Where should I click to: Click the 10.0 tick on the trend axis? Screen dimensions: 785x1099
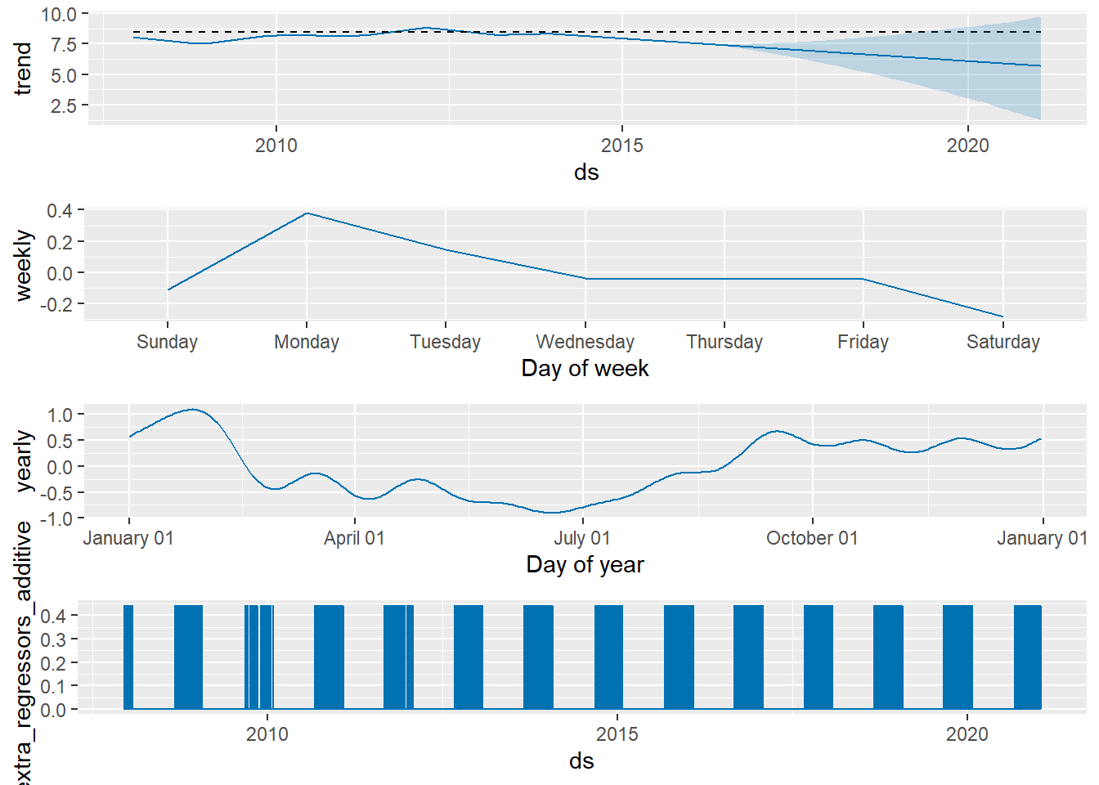point(59,15)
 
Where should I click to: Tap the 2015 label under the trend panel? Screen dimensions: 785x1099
point(621,146)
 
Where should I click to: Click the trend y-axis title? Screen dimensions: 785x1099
point(23,69)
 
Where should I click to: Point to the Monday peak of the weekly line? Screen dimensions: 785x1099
point(307,213)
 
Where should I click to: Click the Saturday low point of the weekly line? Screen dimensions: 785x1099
point(1003,316)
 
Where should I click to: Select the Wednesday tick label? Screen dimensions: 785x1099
point(585,342)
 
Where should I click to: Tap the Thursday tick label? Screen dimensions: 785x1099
point(724,342)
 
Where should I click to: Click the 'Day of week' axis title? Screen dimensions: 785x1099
point(585,369)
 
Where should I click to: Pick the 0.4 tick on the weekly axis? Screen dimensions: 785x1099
point(60,211)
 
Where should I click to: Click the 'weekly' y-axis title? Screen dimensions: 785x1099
point(23,266)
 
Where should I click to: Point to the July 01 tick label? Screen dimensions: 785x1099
point(582,538)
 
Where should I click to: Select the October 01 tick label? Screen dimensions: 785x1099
point(812,538)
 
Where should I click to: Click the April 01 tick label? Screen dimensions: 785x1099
point(354,538)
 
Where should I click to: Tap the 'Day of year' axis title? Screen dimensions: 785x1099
point(585,565)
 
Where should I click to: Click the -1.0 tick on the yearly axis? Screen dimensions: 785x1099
point(57,519)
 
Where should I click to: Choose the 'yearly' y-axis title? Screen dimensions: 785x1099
point(23,462)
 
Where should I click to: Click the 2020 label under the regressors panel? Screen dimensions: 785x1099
point(967,734)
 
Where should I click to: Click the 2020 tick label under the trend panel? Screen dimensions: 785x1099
point(967,146)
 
